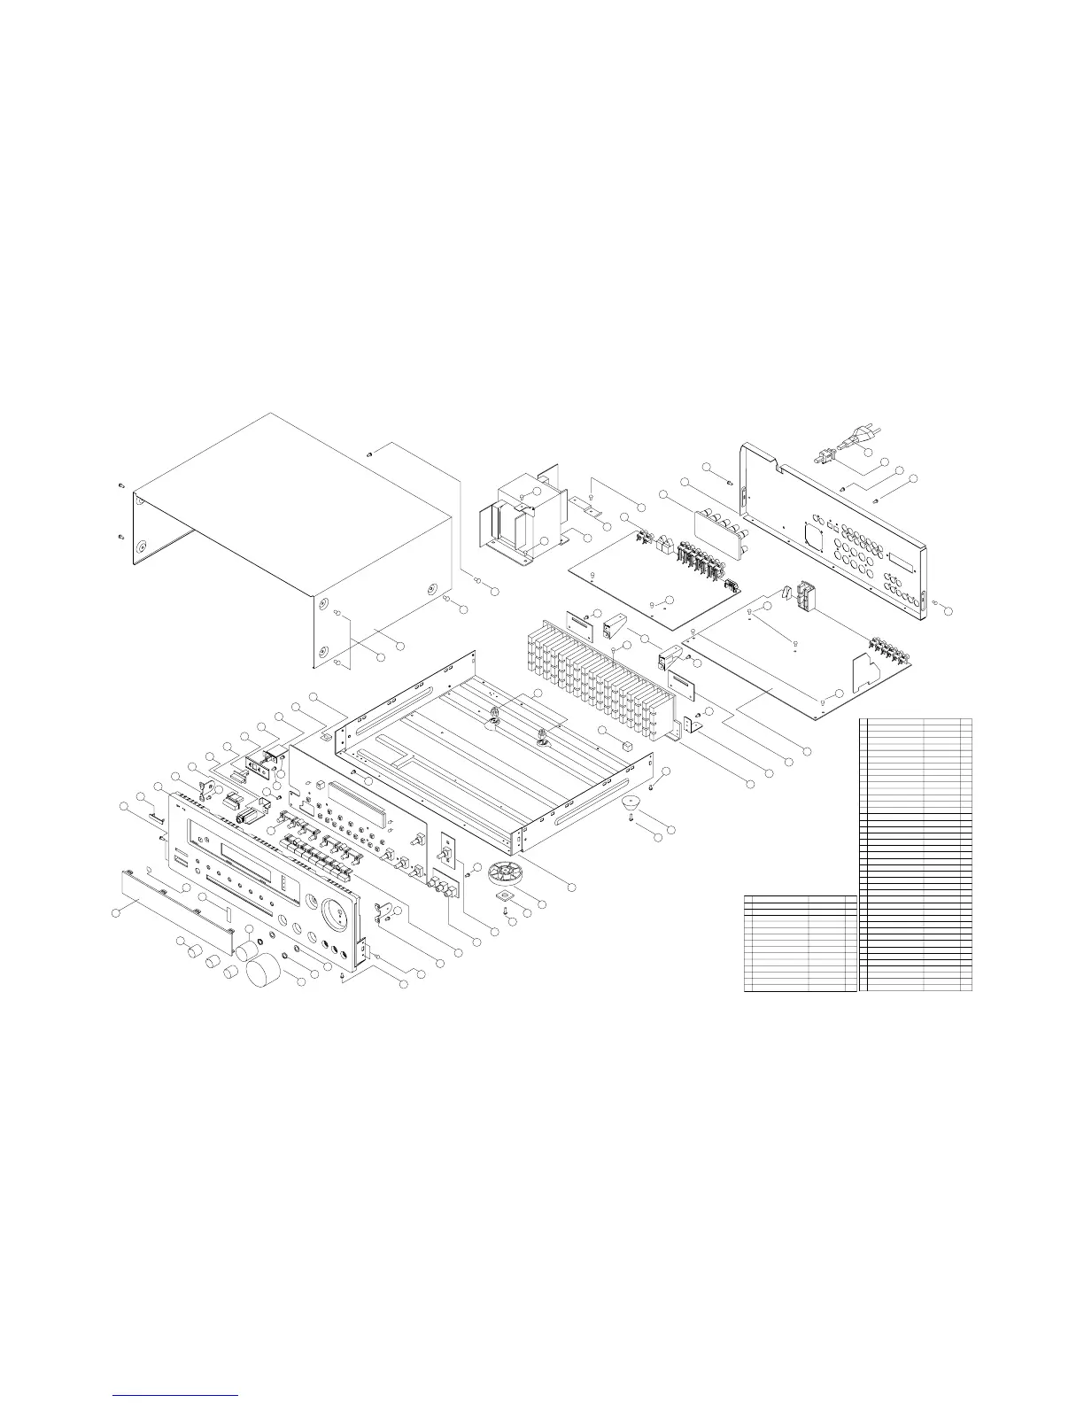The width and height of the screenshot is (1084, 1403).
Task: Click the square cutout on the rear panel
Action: click(x=810, y=534)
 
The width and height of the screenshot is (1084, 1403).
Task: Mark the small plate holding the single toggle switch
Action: click(x=447, y=854)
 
